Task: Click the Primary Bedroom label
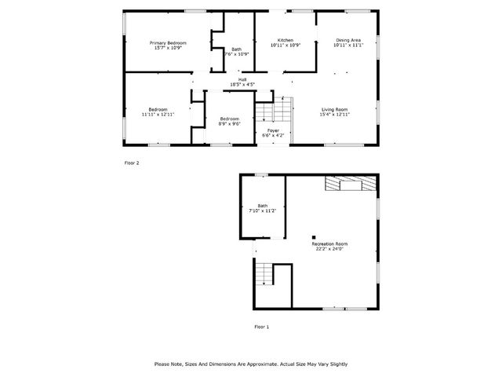click(168, 42)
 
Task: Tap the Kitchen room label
click(286, 40)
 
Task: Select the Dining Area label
click(348, 40)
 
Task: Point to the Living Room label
click(333, 109)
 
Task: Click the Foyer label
click(273, 130)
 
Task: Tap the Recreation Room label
click(329, 243)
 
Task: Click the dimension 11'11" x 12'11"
click(158, 115)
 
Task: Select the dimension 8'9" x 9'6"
click(230, 123)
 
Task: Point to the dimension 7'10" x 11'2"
click(262, 211)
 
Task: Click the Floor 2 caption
click(132, 163)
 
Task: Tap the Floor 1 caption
click(261, 326)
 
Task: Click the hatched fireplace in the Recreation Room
click(351, 184)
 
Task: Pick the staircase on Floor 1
click(264, 274)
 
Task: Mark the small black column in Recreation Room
click(313, 236)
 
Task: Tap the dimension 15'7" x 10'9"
click(168, 48)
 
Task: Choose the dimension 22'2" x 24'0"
click(329, 249)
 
